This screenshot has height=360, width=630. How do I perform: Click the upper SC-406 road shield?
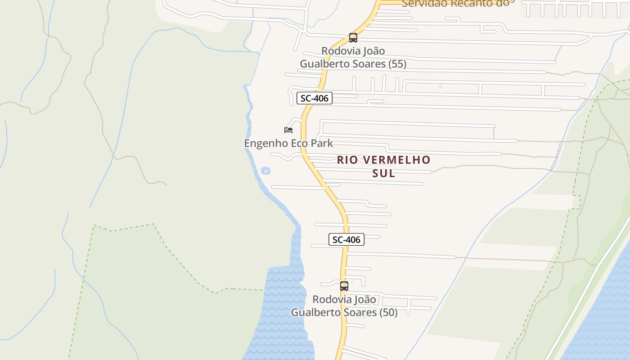(x=315, y=98)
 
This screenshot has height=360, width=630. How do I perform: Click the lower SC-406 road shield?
(x=346, y=239)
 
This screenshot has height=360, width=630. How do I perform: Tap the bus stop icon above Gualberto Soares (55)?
(x=353, y=38)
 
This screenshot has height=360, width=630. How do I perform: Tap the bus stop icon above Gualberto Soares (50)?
(x=344, y=286)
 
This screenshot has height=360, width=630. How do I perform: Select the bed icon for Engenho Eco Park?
(x=288, y=130)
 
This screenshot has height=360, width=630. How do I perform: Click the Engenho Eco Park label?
(x=288, y=144)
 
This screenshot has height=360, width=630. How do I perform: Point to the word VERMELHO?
(x=396, y=160)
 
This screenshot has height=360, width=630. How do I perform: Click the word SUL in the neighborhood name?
(x=384, y=173)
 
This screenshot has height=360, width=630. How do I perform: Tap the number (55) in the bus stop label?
(x=396, y=64)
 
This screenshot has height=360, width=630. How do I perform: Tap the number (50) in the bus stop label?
(x=387, y=312)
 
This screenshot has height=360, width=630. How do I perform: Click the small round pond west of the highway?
(x=265, y=171)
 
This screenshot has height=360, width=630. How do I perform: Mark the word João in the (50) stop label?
(x=365, y=299)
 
